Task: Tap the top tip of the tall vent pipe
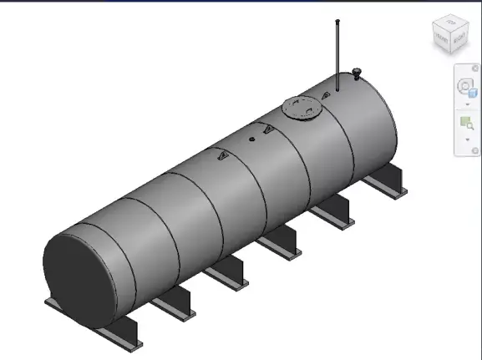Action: [337, 21]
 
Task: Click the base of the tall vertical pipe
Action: [337, 88]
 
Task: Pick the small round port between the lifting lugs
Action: [252, 139]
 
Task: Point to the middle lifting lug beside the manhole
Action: [267, 128]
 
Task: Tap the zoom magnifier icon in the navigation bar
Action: [466, 124]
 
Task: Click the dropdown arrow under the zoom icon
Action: [466, 139]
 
